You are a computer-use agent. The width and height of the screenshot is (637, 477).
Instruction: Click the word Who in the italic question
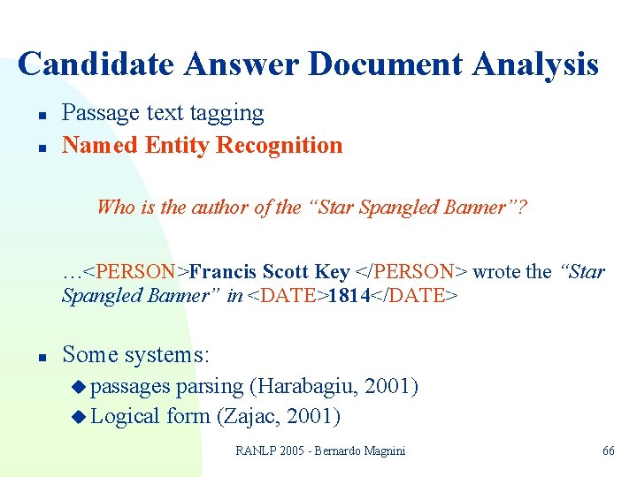[114, 208]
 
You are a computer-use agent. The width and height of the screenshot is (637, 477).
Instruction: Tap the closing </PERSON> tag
[411, 272]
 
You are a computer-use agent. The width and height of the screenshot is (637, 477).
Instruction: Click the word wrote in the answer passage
[497, 272]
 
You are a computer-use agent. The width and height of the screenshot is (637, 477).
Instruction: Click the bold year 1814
[348, 296]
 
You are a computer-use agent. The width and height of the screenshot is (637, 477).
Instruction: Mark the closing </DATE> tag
[414, 296]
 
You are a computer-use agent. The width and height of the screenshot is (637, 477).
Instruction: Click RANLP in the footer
[256, 451]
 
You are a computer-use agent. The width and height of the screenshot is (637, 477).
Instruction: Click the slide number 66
[608, 451]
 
